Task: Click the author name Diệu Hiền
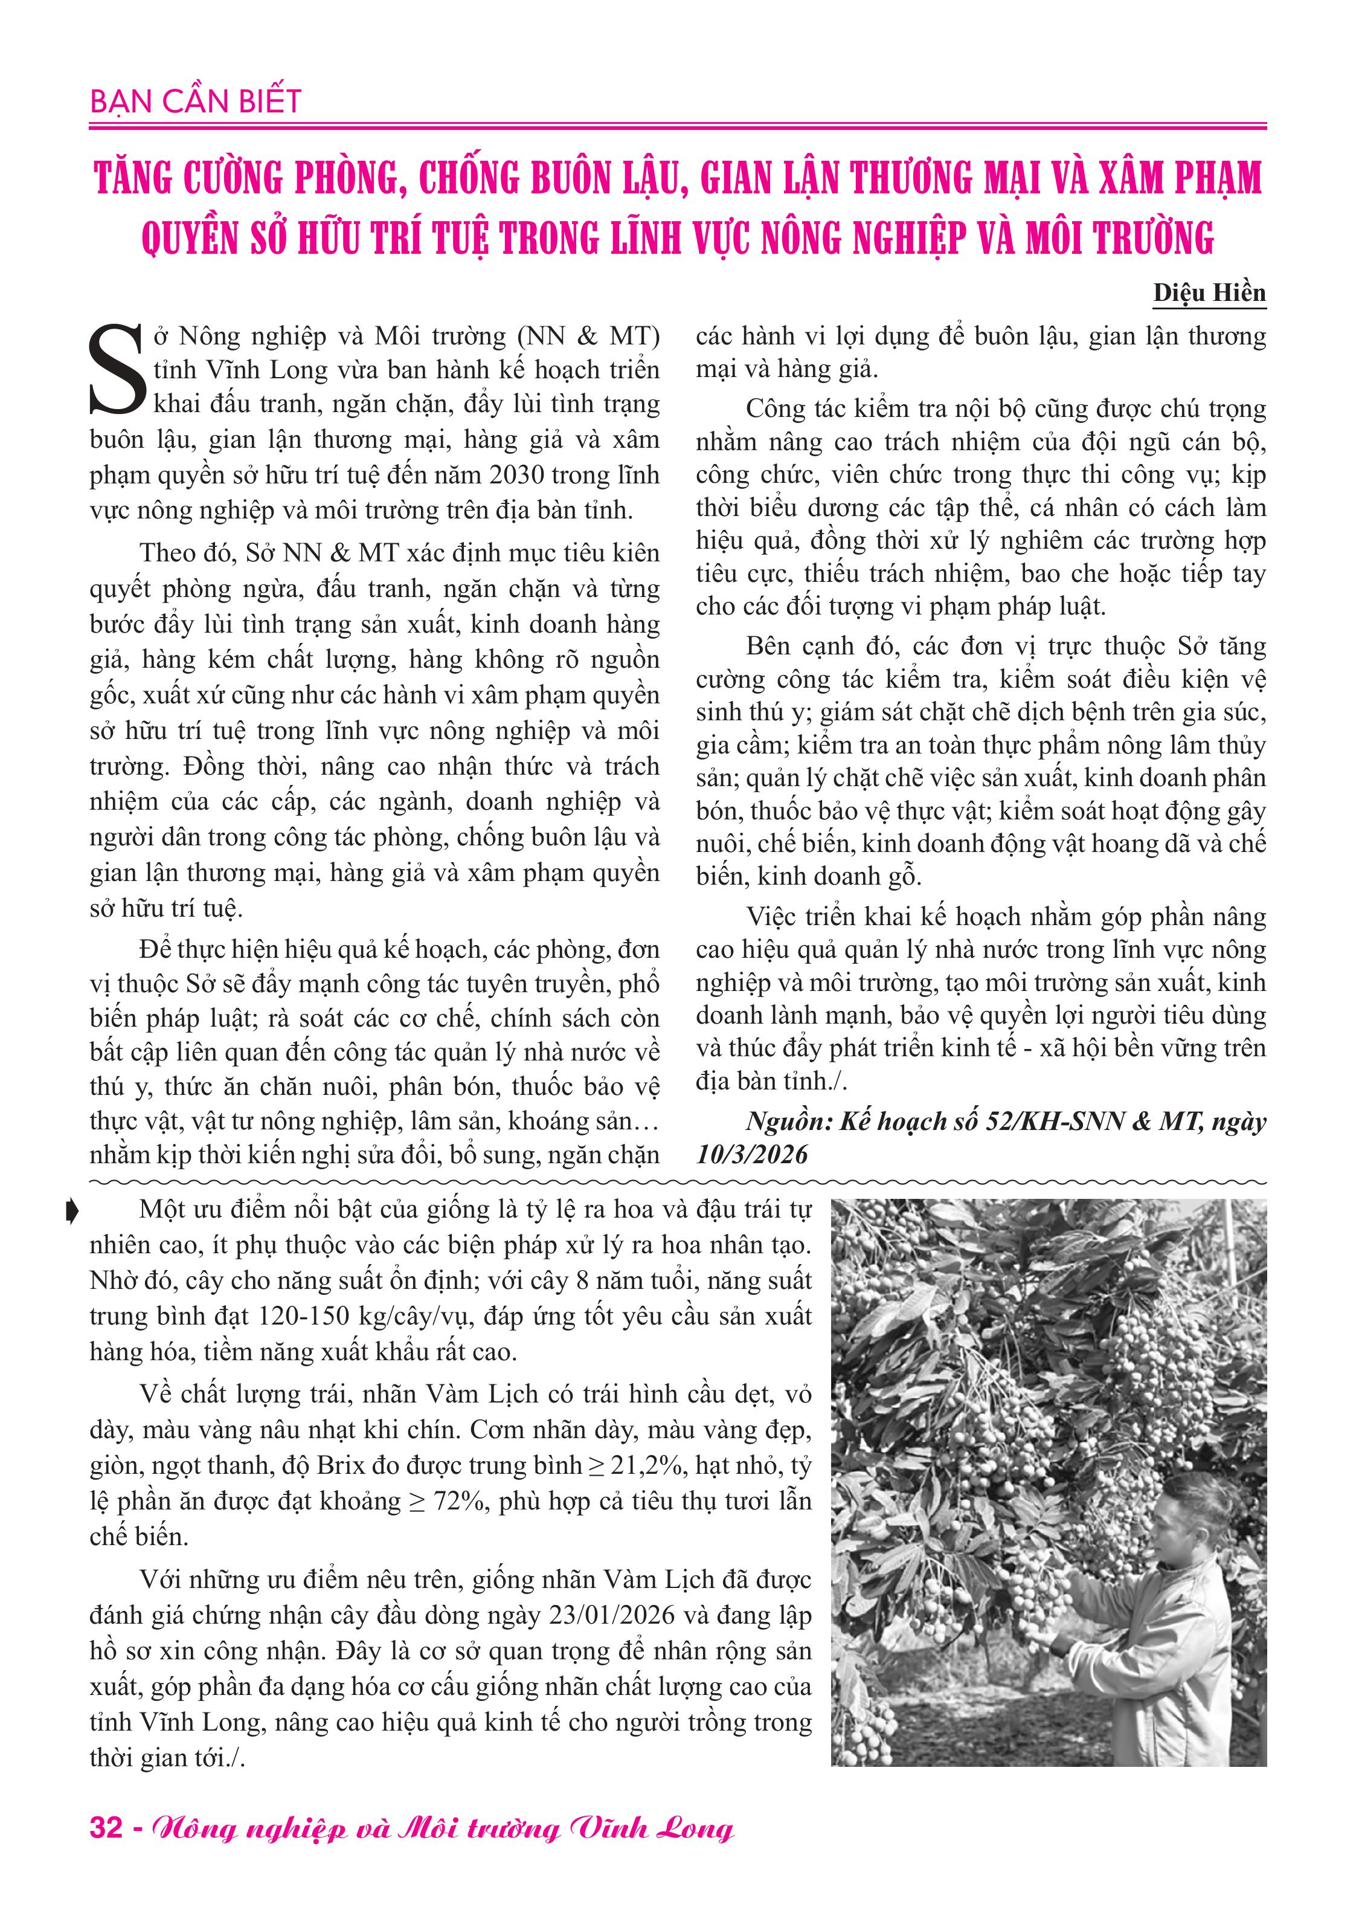tap(1208, 293)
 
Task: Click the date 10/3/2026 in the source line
tap(752, 1155)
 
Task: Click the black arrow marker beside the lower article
tap(71, 1211)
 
